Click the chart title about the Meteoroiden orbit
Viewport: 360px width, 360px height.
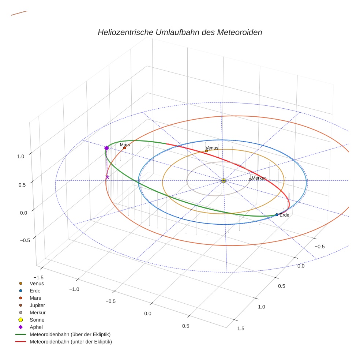point(180,32)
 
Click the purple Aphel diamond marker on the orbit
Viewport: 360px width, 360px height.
point(106,148)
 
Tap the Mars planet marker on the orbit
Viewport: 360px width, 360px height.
point(125,148)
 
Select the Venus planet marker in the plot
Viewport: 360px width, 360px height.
point(206,151)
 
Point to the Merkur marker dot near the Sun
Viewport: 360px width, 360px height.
point(250,179)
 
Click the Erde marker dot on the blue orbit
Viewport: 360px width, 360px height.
point(277,215)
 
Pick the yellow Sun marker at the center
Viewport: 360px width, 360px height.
point(224,180)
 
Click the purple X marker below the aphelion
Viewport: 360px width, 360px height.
point(107,177)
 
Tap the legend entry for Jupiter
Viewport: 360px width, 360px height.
point(37,305)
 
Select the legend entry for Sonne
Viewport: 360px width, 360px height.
point(37,320)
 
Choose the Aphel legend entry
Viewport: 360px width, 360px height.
point(36,327)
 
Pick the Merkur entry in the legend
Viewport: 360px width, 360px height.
point(37,312)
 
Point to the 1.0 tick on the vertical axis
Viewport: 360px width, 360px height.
point(20,156)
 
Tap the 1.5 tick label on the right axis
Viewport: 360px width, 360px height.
point(241,328)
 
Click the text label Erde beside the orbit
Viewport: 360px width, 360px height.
point(284,215)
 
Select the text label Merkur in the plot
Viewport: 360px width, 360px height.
point(259,178)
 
